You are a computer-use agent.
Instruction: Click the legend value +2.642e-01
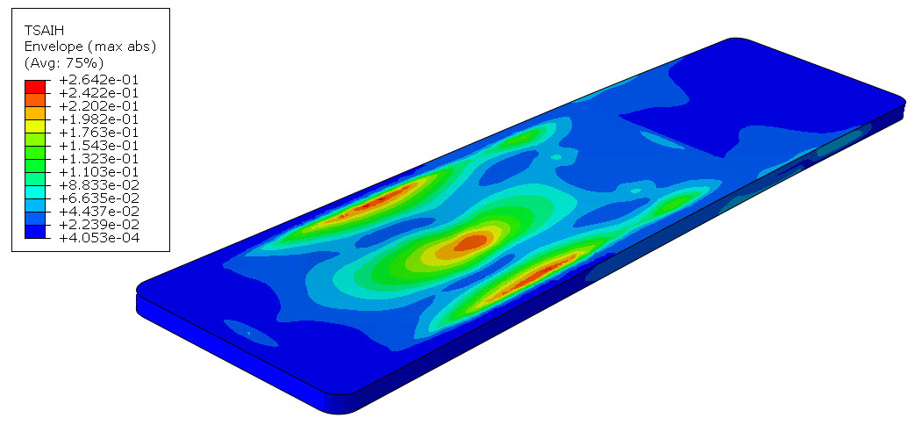[99, 80]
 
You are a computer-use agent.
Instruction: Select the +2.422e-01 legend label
[99, 93]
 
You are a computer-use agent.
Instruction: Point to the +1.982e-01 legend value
[99, 119]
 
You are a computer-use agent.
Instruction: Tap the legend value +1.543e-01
[99, 146]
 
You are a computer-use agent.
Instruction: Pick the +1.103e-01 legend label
[99, 172]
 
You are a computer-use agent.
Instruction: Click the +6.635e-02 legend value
[99, 198]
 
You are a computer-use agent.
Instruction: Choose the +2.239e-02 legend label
[99, 225]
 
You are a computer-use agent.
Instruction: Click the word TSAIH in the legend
[44, 30]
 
